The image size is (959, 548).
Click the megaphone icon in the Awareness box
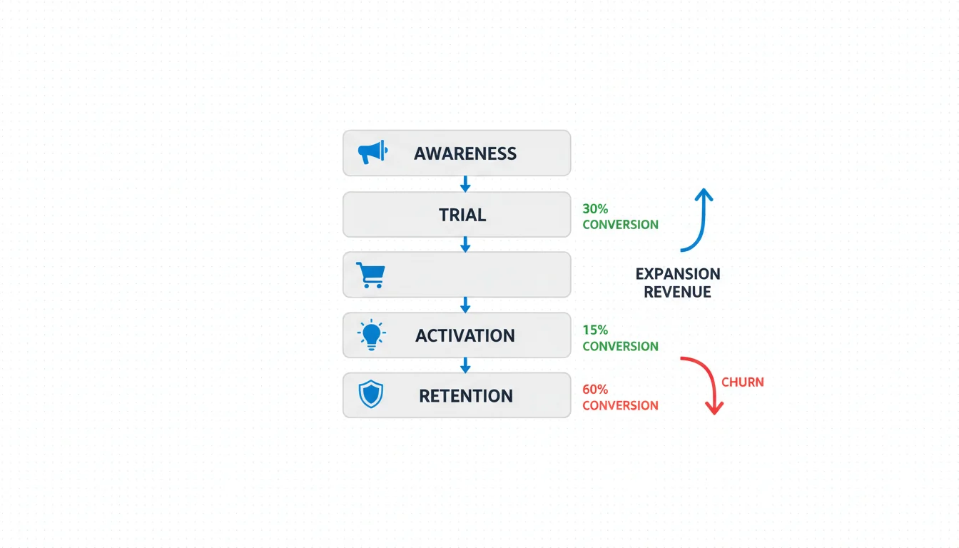pos(372,152)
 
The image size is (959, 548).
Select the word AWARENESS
pos(465,153)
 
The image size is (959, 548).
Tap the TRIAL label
pos(462,215)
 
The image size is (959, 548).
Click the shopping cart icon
pos(370,275)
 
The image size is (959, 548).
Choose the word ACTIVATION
pos(465,335)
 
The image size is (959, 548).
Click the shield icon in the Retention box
pos(371,395)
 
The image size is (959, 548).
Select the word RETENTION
pos(466,396)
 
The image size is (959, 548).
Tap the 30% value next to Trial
pos(595,209)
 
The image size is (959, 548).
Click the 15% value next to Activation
pos(595,330)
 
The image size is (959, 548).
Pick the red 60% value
pos(595,390)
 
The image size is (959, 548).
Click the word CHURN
pos(743,382)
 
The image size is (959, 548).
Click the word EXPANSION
pos(677,274)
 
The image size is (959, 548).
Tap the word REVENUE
pos(677,292)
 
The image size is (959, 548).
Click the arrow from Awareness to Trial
pos(465,184)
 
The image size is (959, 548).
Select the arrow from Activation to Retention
pos(465,365)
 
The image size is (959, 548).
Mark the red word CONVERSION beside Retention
pos(620,405)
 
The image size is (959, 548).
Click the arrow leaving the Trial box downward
pos(465,245)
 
